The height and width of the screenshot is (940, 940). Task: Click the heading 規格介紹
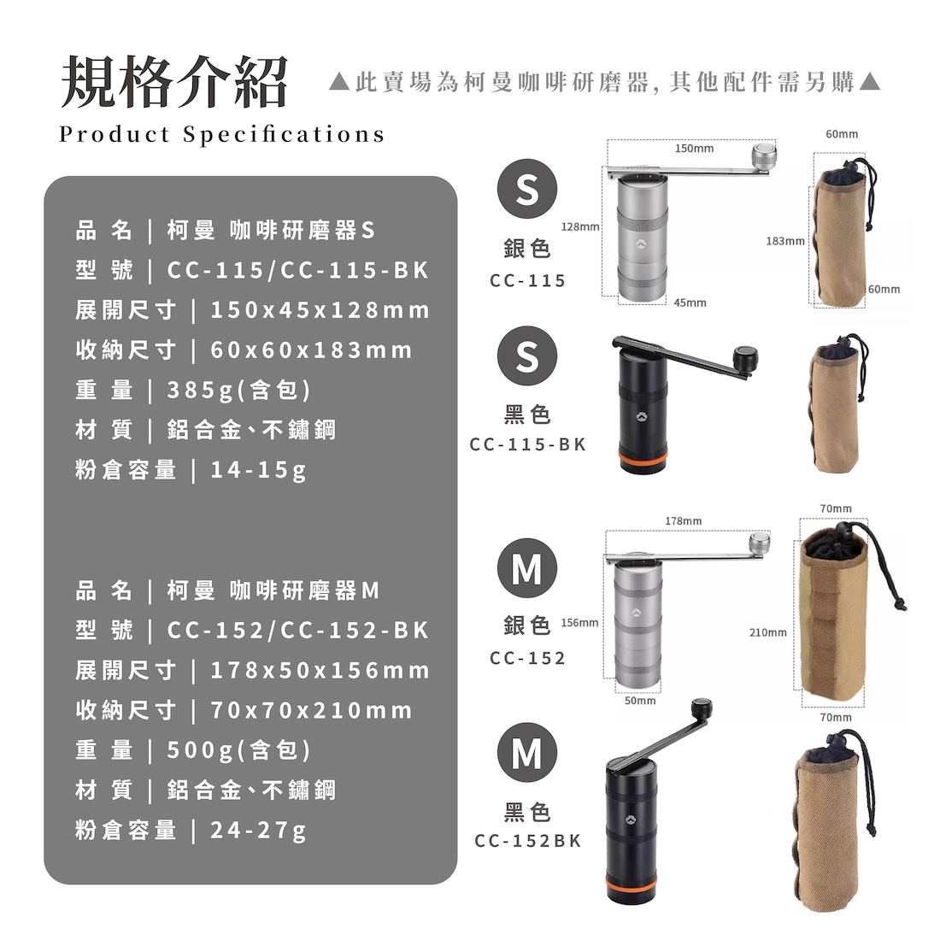174,81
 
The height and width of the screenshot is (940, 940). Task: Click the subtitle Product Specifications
222,134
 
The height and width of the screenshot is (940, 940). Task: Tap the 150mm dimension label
694,148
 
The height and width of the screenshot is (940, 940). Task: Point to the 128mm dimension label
579,226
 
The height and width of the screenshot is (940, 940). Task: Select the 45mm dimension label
690,303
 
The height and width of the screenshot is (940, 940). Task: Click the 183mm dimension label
785,241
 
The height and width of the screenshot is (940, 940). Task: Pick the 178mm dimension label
684,521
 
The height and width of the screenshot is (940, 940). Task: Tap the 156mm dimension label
579,623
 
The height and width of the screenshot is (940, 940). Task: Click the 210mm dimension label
768,632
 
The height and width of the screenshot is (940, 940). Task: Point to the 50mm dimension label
640,701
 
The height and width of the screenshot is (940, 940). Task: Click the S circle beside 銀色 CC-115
527,189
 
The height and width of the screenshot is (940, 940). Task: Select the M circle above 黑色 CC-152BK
527,752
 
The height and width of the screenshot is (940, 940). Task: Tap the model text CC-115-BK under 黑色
527,445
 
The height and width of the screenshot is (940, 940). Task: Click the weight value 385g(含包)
239,391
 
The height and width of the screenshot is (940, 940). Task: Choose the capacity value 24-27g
258,831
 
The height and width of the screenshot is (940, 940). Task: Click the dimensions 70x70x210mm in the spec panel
312,710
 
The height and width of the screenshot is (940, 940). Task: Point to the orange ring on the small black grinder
643,459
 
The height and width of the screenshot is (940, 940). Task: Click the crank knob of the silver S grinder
764,156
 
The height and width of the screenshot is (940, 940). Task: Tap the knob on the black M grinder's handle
702,708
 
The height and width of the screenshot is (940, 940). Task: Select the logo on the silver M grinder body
636,613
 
